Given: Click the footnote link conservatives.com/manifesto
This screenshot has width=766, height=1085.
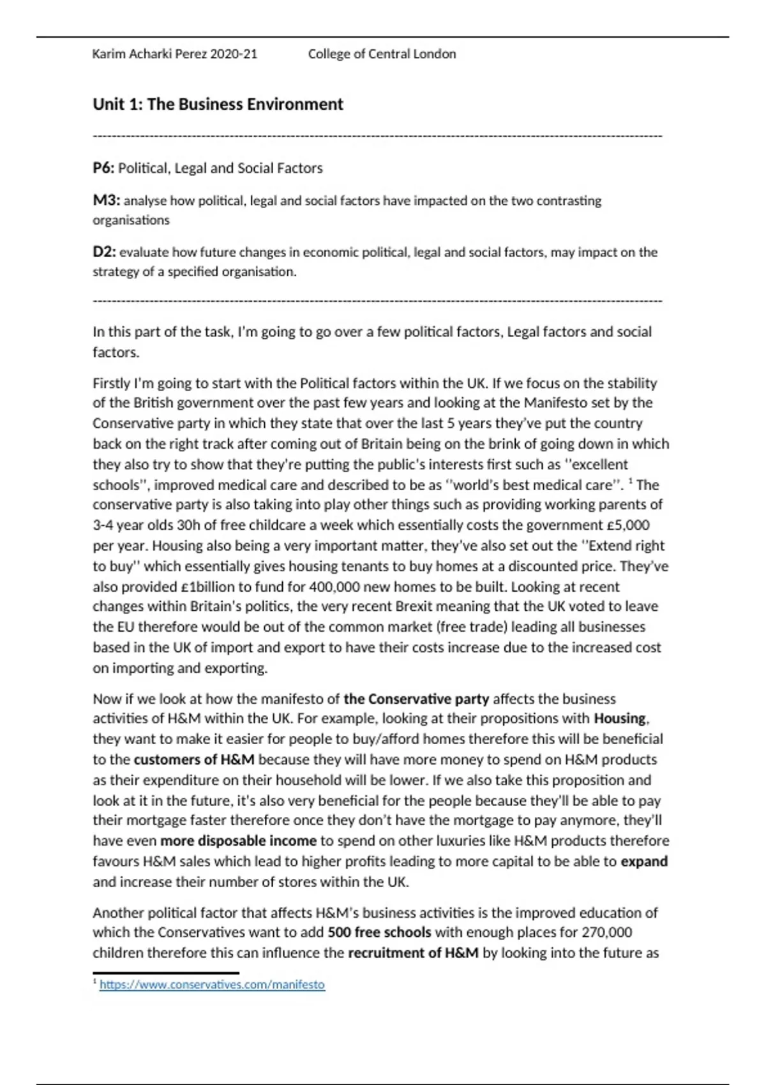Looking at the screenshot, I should click(212, 985).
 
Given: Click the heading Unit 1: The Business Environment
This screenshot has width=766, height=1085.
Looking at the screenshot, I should click(218, 104).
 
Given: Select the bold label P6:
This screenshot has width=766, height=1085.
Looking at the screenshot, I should click(103, 168).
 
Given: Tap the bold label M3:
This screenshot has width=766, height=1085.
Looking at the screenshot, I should click(106, 200).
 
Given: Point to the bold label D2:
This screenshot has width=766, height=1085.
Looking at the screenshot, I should click(104, 252).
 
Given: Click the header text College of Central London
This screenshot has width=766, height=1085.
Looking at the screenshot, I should click(382, 54).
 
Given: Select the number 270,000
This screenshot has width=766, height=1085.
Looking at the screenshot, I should click(606, 932).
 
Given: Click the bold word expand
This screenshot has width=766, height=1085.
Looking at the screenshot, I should click(644, 861).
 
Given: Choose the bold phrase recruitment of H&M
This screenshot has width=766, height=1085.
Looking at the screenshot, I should click(413, 953).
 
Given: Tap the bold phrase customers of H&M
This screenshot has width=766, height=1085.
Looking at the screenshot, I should click(194, 759).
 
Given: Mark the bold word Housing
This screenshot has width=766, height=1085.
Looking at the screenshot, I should click(620, 719).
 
